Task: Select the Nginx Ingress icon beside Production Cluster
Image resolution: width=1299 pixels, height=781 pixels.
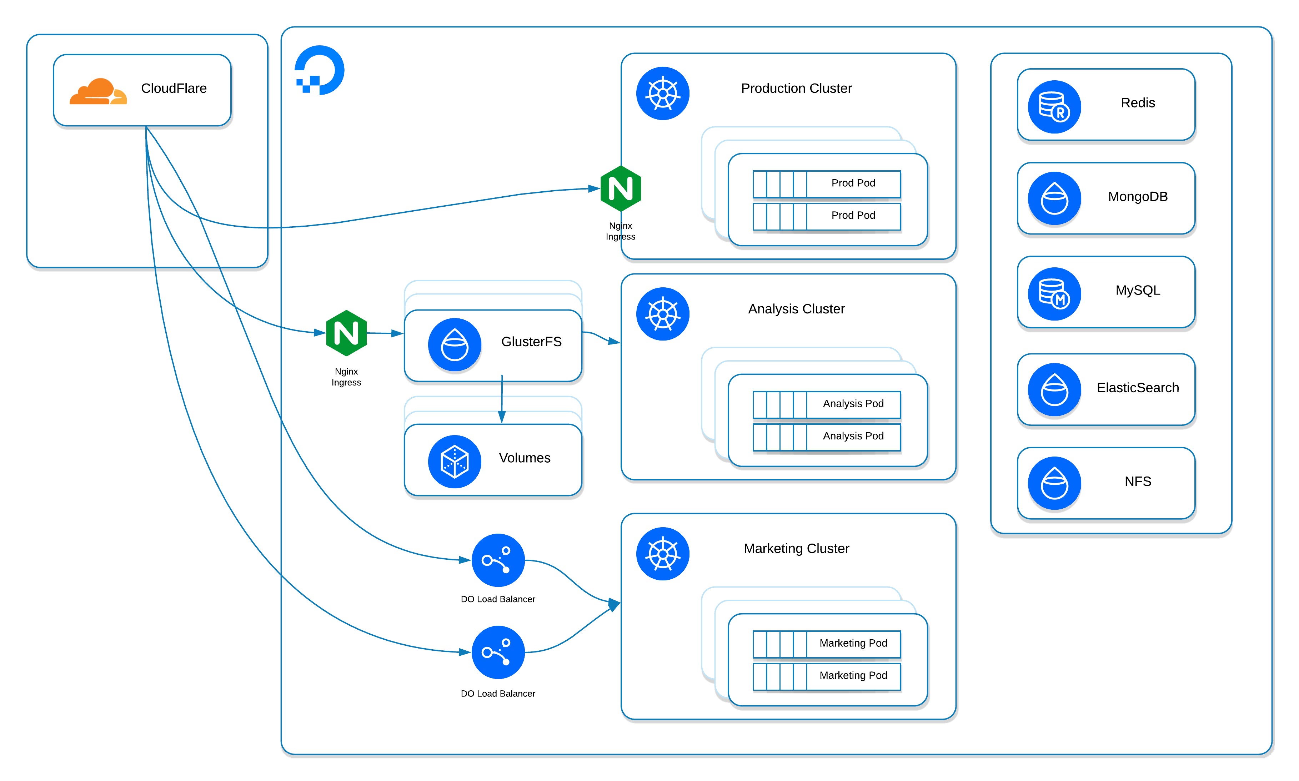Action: (621, 188)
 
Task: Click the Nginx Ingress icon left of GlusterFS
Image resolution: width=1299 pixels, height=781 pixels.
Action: (346, 333)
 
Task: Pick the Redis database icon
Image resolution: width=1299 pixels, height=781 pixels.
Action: (1054, 107)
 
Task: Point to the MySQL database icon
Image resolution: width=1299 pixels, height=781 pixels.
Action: (1054, 294)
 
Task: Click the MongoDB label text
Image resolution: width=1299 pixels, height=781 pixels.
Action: (1137, 197)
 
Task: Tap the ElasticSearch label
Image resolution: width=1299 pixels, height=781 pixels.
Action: (1137, 388)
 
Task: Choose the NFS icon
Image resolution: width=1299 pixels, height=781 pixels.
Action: (1054, 483)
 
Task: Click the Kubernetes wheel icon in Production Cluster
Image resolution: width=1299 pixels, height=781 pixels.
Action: (663, 94)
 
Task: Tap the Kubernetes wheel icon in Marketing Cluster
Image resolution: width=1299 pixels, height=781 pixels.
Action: (663, 554)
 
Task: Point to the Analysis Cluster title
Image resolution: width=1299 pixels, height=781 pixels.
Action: (796, 309)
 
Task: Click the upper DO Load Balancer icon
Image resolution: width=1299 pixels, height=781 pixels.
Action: (498, 560)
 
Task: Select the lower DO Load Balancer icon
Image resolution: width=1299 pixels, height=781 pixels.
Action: (498, 652)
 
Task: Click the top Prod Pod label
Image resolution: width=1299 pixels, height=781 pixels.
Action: (853, 183)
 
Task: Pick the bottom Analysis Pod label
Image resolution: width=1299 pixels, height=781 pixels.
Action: (853, 436)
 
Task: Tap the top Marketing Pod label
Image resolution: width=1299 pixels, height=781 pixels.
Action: (853, 643)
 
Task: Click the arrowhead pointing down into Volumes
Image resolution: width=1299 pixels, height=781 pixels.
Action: (502, 417)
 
